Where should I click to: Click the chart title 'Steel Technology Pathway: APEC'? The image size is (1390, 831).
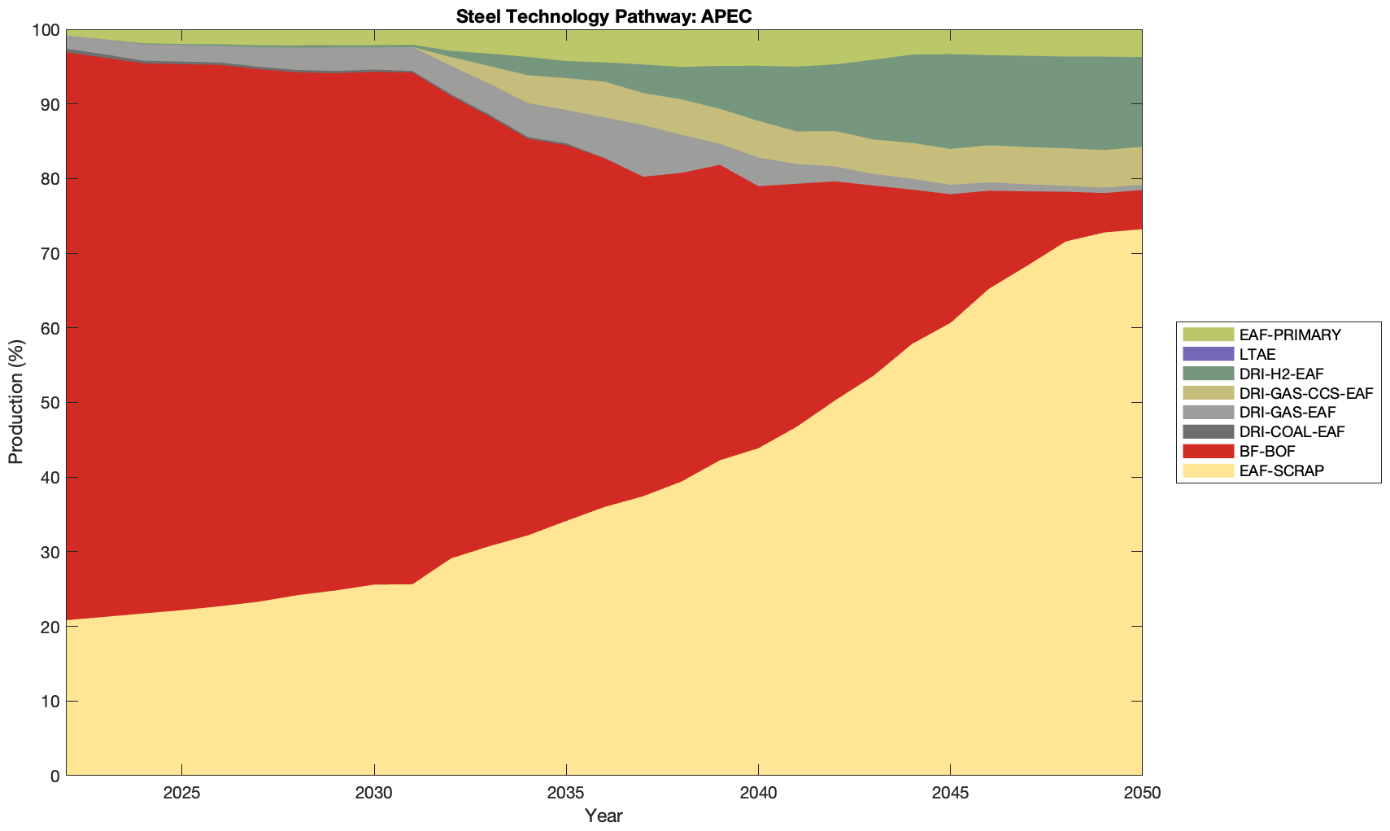[x=603, y=16]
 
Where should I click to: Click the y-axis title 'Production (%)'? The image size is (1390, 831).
[x=16, y=402]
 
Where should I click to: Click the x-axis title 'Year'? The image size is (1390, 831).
[x=603, y=816]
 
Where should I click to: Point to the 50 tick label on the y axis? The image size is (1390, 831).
[x=49, y=403]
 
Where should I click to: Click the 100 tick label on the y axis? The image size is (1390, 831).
[x=46, y=30]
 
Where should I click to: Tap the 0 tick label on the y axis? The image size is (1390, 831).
[x=54, y=776]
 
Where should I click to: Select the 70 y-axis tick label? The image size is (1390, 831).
[x=49, y=254]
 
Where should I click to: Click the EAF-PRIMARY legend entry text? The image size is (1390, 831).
[x=1290, y=335]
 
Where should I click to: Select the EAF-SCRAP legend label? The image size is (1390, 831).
[x=1281, y=470]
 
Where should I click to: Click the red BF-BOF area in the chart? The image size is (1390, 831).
[x=325, y=326]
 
